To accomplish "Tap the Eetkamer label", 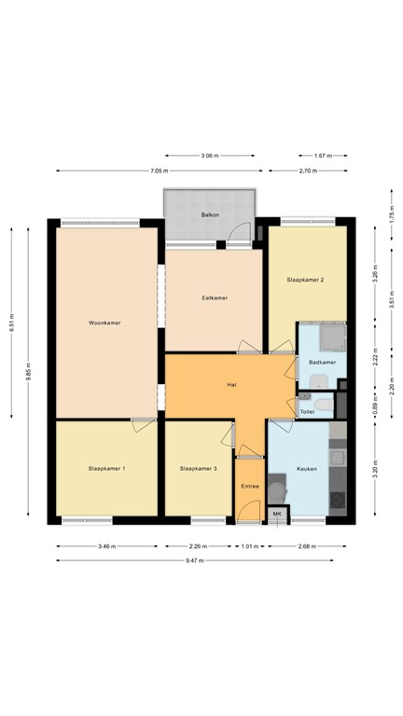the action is [x=215, y=298].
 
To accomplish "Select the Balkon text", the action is [x=210, y=214].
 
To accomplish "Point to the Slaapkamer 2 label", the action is [x=305, y=280].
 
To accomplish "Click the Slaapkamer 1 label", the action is [x=107, y=469].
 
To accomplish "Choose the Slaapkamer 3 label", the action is [x=199, y=469].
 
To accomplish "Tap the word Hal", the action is [x=231, y=385].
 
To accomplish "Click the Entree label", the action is [x=250, y=487].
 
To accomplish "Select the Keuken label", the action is [x=307, y=469].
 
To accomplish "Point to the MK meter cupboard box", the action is [x=278, y=515].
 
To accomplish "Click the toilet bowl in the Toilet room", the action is [x=325, y=405].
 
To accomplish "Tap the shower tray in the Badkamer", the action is [x=333, y=337].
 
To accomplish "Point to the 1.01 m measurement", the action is [x=250, y=546].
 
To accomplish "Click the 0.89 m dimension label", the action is [x=375, y=406].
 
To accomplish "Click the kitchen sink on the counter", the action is [x=338, y=458].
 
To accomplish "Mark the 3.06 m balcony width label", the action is [x=210, y=156].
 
